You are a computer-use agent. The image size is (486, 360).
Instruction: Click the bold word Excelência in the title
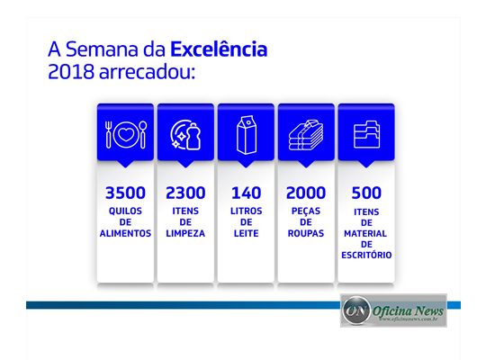coord(219,48)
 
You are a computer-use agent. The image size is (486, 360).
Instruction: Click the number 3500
coord(125,193)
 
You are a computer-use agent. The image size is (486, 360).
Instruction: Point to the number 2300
coord(185,193)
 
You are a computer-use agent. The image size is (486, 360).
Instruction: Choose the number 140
coord(246,193)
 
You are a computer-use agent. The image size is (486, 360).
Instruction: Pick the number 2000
coord(306,193)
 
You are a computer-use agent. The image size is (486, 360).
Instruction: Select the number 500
coord(366,193)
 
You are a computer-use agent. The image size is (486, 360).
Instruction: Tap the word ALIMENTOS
coord(125,233)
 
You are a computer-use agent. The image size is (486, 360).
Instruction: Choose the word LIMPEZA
coord(185,233)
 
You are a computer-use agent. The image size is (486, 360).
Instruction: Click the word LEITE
coord(246,233)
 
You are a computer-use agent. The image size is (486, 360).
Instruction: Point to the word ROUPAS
coord(306,233)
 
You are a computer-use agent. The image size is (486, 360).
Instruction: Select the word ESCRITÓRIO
coord(366,255)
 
